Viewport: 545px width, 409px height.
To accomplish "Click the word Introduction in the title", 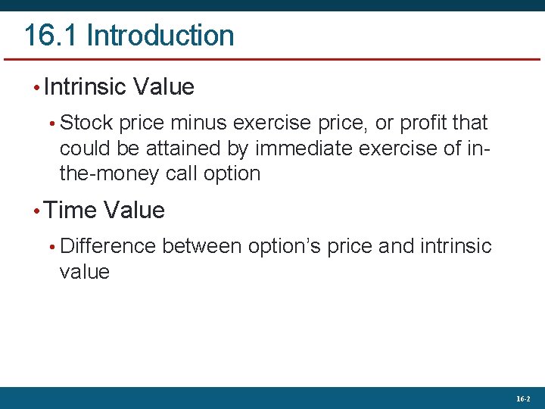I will pyautogui.click(x=160, y=36).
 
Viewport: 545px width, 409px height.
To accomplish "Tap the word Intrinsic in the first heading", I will pyautogui.click(x=85, y=87).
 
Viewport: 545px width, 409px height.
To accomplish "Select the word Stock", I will pyautogui.click(x=86, y=123).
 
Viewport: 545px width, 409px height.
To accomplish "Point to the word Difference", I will pyautogui.click(x=107, y=246).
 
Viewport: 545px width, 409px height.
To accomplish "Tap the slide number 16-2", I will pyautogui.click(x=523, y=398).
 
